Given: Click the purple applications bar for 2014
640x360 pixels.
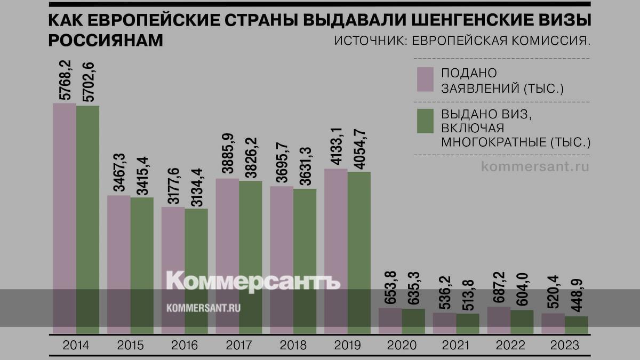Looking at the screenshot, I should (x=65, y=219).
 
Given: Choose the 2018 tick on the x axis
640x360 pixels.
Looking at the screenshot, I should (x=293, y=345).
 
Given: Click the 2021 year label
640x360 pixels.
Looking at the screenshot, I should (x=456, y=345).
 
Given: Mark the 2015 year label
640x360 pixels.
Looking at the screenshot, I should (x=130, y=345).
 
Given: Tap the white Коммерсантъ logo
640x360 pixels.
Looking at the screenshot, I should (x=253, y=281).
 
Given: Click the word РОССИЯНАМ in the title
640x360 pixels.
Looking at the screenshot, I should (x=106, y=41).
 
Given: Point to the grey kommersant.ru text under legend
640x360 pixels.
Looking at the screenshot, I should (x=535, y=166).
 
